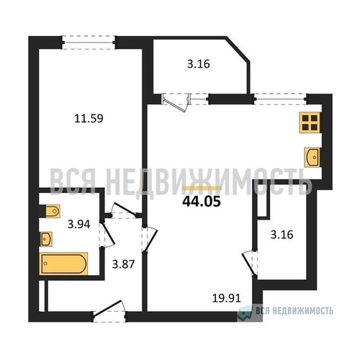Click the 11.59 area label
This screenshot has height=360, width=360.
click(x=89, y=118)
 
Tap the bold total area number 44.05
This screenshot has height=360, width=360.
click(x=202, y=202)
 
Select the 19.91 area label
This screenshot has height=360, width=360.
click(x=227, y=298)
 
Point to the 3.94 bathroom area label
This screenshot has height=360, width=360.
click(x=78, y=224)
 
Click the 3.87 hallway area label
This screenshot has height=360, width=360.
click(x=123, y=264)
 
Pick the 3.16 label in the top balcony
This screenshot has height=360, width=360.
click(x=199, y=64)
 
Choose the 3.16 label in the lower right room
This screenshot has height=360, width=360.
click(x=282, y=235)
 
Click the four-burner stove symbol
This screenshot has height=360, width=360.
click(x=310, y=122)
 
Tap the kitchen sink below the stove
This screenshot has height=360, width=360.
click(x=312, y=157)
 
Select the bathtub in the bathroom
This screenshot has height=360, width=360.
click(x=63, y=264)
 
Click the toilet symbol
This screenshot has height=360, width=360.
click(x=51, y=211)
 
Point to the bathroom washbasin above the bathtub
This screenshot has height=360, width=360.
click(x=46, y=239)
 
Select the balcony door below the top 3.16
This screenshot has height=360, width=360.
click(x=176, y=102)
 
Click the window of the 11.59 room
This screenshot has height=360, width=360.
click(x=89, y=42)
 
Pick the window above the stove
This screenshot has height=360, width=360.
click(x=280, y=99)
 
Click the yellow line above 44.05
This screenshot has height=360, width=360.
click(x=202, y=188)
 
